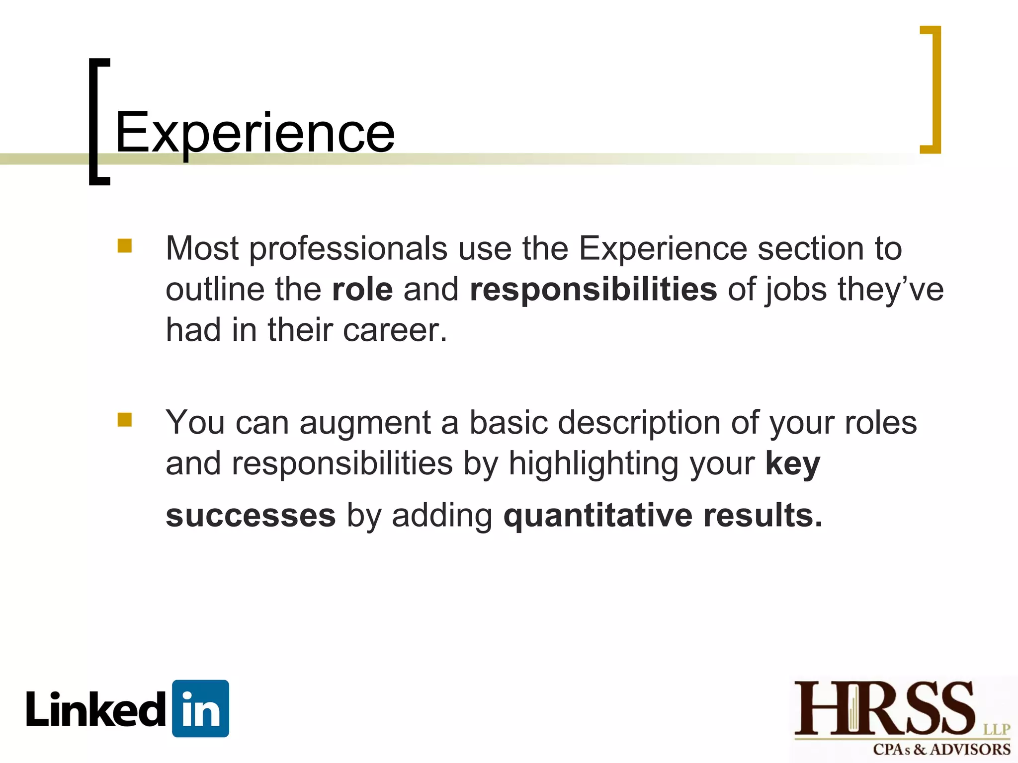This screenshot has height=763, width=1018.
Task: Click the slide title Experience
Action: (255, 133)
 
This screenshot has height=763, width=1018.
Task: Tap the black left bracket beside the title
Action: (94, 122)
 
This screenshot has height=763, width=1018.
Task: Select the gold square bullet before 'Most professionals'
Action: (125, 246)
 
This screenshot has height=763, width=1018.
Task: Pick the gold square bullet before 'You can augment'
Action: (125, 420)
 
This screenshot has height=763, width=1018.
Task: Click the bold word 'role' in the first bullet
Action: (362, 289)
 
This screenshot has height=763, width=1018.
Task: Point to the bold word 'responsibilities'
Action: (593, 290)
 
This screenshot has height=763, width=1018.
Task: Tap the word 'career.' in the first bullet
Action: (395, 330)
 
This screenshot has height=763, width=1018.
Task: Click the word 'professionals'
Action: (348, 248)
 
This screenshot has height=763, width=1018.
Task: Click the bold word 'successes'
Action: (251, 515)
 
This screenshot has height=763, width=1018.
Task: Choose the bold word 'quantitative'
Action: (597, 515)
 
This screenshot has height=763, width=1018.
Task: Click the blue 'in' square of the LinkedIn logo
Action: (200, 708)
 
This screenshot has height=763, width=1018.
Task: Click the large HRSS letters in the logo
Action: (884, 708)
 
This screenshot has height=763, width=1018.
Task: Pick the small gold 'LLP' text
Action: (997, 729)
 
